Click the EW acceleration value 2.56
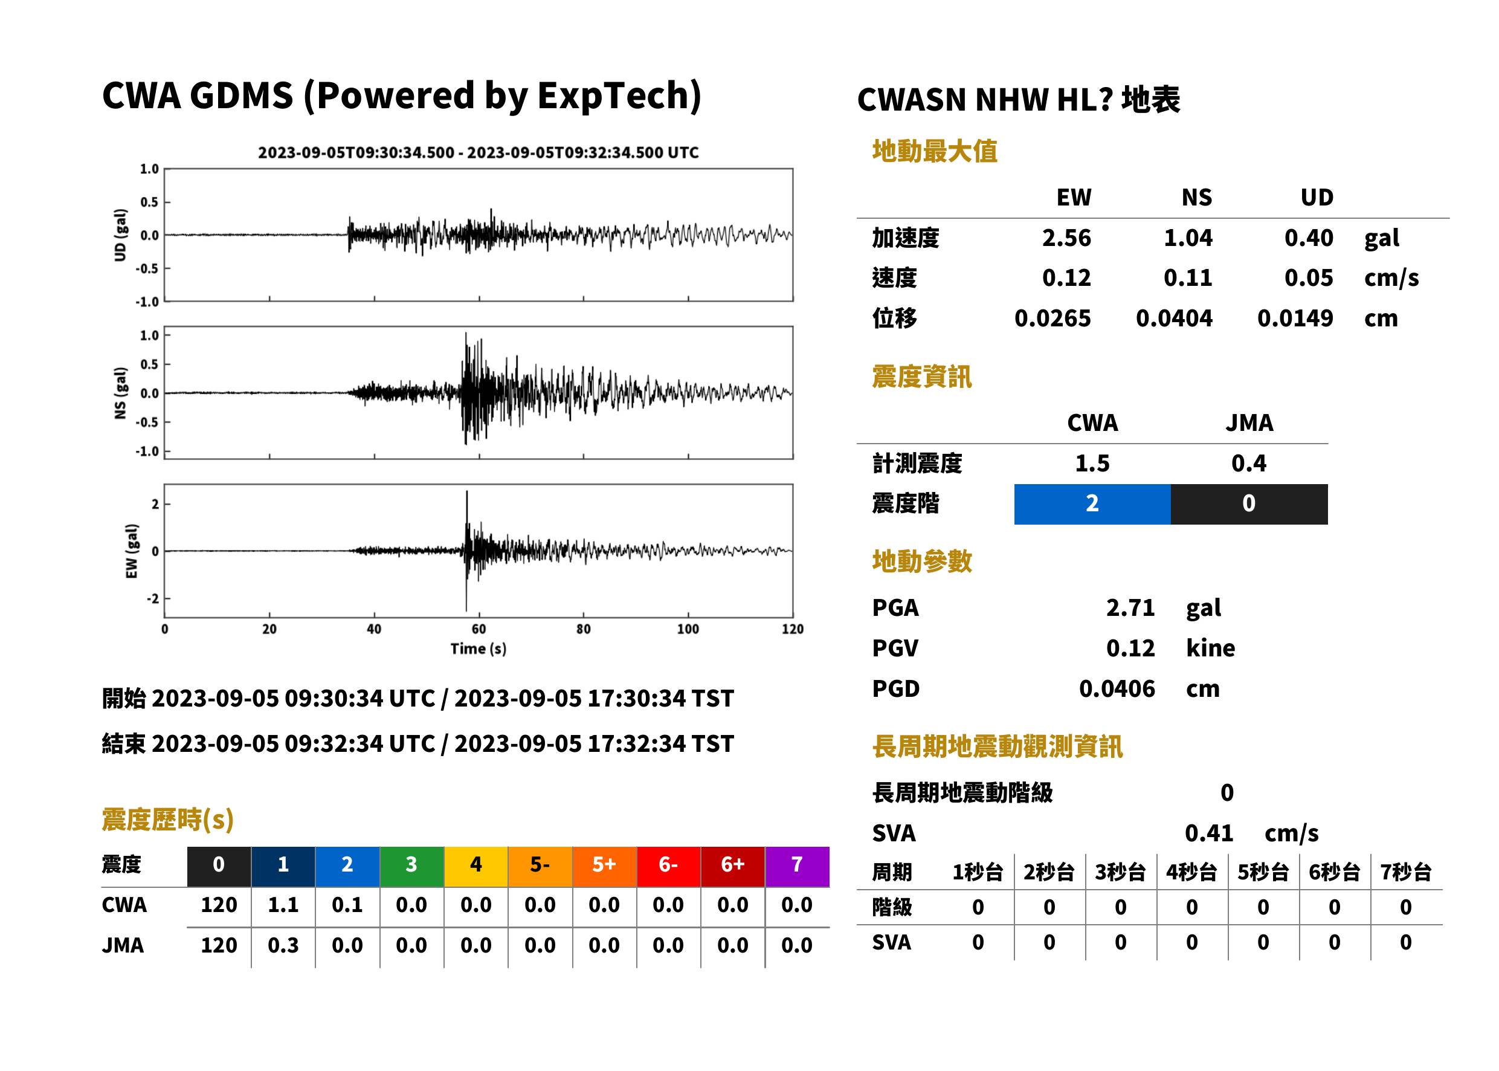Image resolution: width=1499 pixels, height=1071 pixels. click(x=1066, y=238)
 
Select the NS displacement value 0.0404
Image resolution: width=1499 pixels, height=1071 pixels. click(x=1174, y=319)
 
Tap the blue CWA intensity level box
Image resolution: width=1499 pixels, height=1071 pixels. click(x=1092, y=504)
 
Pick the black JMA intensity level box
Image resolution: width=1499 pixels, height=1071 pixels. click(x=1249, y=504)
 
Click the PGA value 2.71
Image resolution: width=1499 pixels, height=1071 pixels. click(x=1130, y=608)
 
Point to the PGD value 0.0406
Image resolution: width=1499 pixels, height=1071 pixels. click(x=1117, y=689)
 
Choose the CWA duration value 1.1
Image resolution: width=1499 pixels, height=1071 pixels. click(x=283, y=905)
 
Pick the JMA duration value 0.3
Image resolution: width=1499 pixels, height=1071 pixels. click(x=283, y=946)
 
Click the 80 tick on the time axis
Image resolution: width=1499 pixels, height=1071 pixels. click(x=584, y=629)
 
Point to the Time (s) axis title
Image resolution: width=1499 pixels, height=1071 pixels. click(x=479, y=649)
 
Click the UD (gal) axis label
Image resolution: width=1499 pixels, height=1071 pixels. click(x=120, y=235)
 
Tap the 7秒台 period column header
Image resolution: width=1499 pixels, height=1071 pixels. click(x=1406, y=873)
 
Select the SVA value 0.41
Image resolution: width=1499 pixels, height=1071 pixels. click(x=1209, y=833)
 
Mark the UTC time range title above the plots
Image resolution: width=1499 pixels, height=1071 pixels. click(x=479, y=153)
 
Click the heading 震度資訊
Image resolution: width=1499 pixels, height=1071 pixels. click(x=921, y=377)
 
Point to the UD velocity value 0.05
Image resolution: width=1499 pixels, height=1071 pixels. click(x=1309, y=278)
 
